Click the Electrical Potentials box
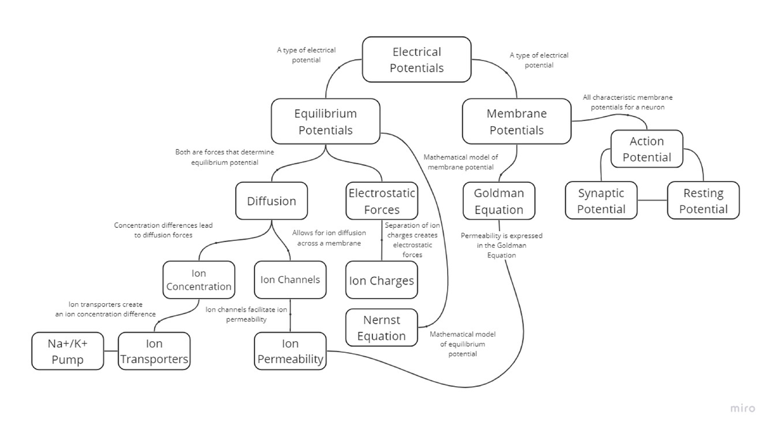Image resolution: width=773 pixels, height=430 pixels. coord(417,60)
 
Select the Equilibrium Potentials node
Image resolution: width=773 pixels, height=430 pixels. coord(325,122)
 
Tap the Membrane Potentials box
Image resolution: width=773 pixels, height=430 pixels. coord(517,122)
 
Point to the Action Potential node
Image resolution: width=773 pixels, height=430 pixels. coord(647,149)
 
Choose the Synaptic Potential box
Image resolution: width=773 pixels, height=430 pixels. coord(601,201)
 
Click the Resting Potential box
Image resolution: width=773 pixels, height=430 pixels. coord(703,201)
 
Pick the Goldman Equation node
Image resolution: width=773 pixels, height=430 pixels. coord(499,201)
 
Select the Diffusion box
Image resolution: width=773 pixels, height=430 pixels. coord(271,201)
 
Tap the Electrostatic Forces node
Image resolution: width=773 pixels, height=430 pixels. coord(381,201)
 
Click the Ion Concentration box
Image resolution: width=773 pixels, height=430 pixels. coord(198,280)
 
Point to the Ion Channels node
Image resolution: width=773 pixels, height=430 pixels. coord(290,279)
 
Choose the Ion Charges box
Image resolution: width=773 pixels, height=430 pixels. coord(381,281)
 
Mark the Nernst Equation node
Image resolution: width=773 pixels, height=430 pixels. coord(381,328)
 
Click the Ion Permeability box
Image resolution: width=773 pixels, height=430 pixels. coord(290,351)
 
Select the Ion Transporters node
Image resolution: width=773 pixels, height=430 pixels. coord(154,351)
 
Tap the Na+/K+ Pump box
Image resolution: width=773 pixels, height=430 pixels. coord(68,351)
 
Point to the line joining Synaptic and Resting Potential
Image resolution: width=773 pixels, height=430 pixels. coord(652,200)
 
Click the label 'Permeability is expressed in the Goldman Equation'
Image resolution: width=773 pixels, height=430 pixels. coord(501,245)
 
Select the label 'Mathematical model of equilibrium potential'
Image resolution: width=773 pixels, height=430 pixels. coord(462,344)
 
